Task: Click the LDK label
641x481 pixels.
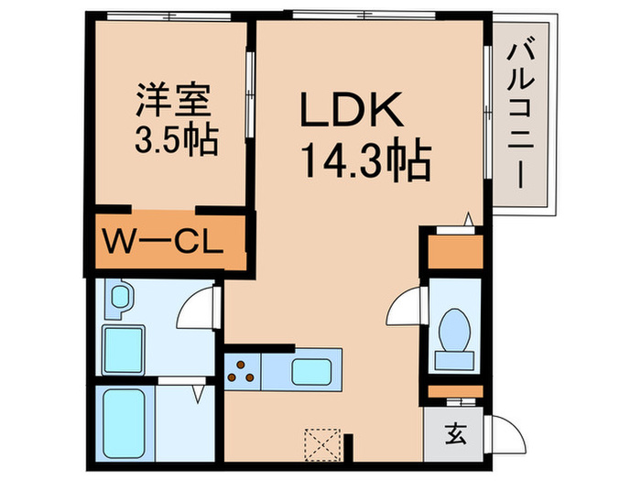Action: tap(352, 114)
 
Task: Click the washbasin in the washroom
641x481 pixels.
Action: tap(119, 297)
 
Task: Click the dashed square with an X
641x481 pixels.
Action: tap(323, 445)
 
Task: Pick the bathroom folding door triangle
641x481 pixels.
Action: tap(196, 393)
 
